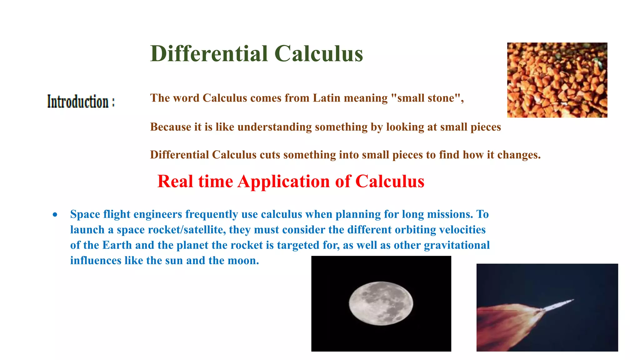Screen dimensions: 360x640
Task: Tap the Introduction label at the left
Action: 81,102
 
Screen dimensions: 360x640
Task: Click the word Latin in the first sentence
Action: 327,98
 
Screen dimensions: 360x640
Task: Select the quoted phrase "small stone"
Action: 427,98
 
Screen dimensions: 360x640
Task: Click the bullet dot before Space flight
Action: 55,215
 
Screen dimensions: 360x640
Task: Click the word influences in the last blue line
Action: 96,261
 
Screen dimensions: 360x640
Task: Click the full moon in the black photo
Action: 381,303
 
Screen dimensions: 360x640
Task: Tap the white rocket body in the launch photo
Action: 558,305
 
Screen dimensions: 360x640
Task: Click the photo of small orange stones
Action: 557,80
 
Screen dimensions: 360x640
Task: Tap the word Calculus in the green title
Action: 319,54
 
